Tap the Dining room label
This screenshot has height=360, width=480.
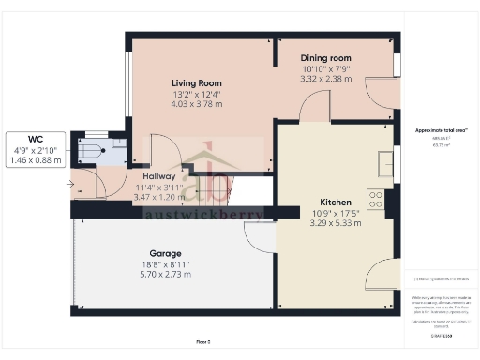pyautogui.click(x=325, y=58)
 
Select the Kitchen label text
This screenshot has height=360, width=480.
pyautogui.click(x=335, y=202)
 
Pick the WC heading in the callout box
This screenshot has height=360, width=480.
pyautogui.click(x=35, y=138)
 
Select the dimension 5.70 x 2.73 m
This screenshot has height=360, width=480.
pyautogui.click(x=165, y=275)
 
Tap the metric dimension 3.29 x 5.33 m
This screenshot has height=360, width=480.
pyautogui.click(x=335, y=223)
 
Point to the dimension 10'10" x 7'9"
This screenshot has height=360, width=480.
pyautogui.click(x=325, y=68)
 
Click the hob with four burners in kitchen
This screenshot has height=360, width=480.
pyautogui.click(x=374, y=200)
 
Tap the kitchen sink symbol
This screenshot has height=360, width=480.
pyautogui.click(x=384, y=165)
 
